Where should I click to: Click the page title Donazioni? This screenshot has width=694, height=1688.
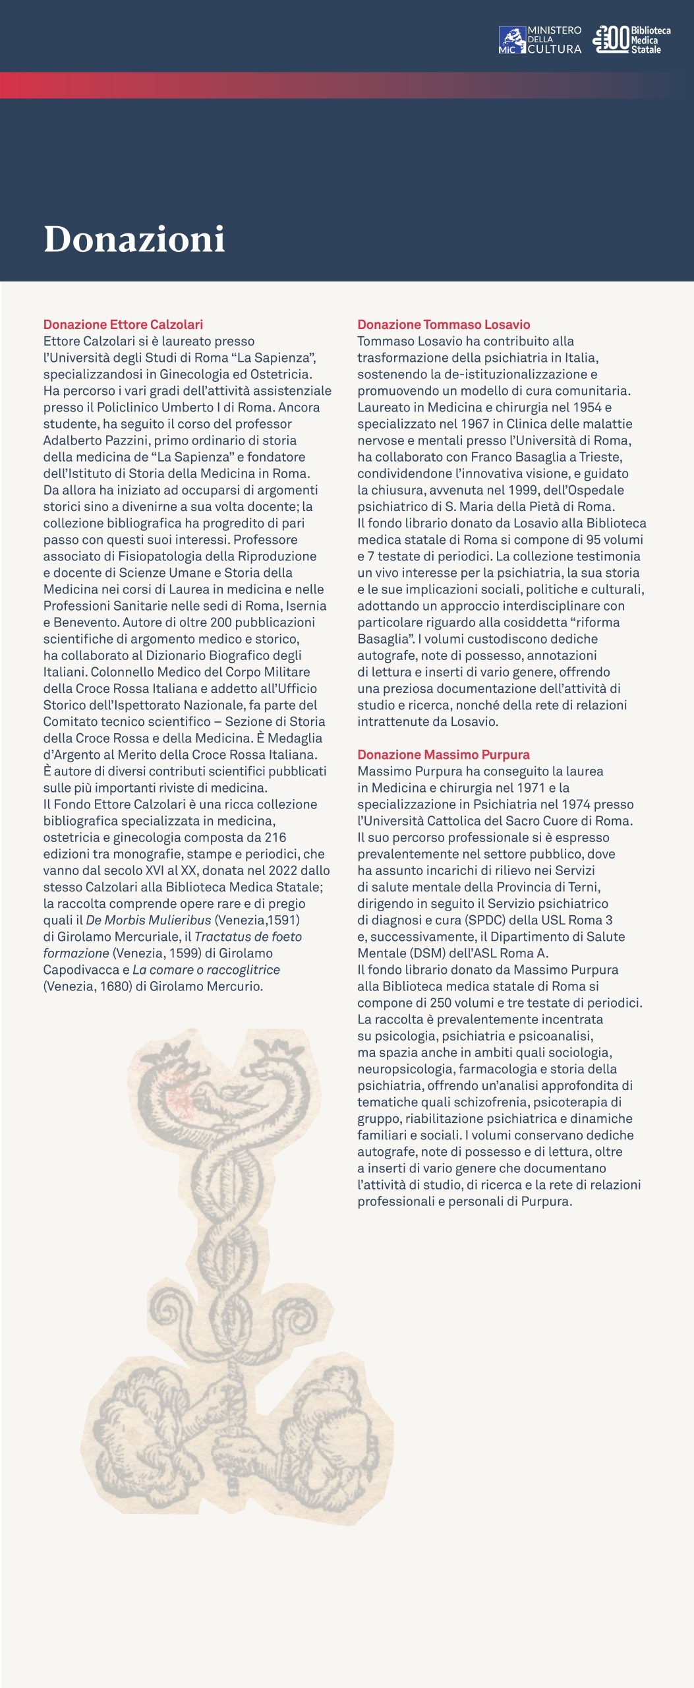134,239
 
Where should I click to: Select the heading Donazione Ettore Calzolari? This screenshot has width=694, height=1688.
123,324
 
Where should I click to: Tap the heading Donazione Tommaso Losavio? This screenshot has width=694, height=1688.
444,324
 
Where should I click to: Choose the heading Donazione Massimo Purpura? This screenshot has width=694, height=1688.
444,754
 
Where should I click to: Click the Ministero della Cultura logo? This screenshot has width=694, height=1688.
540,40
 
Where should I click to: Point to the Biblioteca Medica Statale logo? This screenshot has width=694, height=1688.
631,40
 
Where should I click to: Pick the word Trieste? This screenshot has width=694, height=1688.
600,457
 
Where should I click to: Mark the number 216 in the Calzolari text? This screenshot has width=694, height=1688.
275,837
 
